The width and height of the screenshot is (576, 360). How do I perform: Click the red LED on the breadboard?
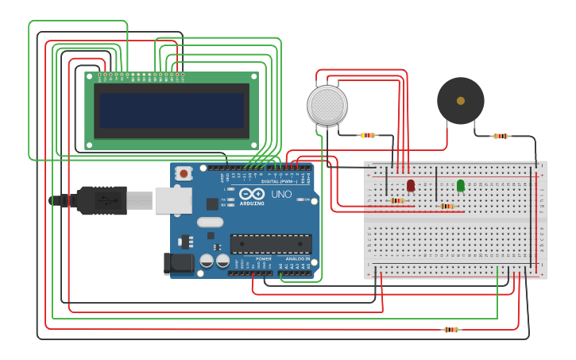[411, 185]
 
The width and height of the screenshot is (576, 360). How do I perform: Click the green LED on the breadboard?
[461, 185]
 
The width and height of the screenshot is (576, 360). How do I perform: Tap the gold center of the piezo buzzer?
[460, 100]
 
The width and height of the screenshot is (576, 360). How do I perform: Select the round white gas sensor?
[327, 104]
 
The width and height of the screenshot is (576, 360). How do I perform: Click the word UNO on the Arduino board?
[281, 195]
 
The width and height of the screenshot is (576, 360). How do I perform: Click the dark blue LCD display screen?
[172, 110]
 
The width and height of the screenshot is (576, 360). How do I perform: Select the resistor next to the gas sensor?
[367, 135]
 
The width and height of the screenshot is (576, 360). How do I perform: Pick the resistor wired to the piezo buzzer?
[501, 136]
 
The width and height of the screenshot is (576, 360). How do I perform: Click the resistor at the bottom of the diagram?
[451, 329]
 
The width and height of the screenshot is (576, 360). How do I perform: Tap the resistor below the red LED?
[397, 200]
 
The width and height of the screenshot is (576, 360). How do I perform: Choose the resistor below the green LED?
[447, 207]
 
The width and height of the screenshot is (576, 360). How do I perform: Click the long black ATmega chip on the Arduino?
[271, 243]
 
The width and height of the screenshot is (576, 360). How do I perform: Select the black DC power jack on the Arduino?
[180, 264]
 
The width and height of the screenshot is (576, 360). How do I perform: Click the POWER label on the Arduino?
[263, 258]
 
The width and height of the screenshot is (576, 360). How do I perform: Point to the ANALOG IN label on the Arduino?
[297, 258]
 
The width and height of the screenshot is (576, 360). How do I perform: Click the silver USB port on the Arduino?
[173, 200]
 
